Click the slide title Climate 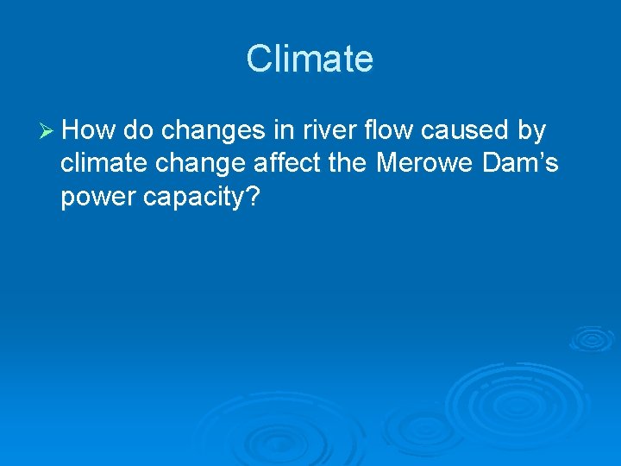coord(310,60)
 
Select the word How coord(90,131)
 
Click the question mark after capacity coord(254,197)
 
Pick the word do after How coord(139,131)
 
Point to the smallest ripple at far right coord(591,337)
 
